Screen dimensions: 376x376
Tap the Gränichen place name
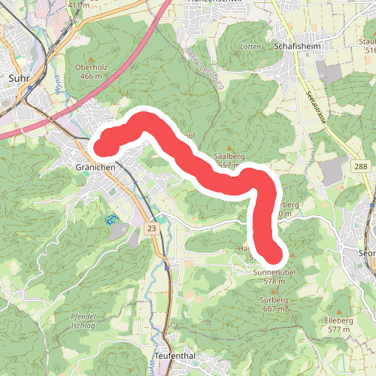94,165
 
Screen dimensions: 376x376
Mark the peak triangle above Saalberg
230,148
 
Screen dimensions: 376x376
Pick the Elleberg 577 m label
339,325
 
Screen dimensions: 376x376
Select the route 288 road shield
360,165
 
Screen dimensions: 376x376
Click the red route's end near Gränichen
103,141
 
